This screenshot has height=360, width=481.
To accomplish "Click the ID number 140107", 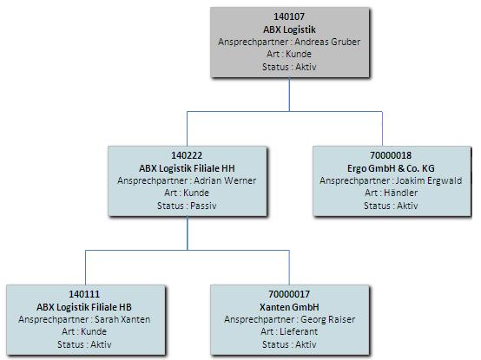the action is coord(289,16).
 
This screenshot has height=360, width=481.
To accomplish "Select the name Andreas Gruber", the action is coord(327,42).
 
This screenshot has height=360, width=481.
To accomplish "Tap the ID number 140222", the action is coord(187,155).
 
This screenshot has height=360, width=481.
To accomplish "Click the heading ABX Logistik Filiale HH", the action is coord(187,168).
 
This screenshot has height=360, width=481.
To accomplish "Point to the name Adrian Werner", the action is coord(225,180).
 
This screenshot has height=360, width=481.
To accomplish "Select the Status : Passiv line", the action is coord(187,206).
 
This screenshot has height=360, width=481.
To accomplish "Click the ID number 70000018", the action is coord(391,155).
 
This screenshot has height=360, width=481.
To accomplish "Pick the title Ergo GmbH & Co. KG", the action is coord(391,168).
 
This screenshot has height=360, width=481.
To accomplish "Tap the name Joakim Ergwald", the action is coord(429,180).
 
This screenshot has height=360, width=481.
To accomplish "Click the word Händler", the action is coord(400,193).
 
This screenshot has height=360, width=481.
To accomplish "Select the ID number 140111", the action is coord(84,294).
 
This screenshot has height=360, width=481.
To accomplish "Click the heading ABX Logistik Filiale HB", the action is coord(84,307).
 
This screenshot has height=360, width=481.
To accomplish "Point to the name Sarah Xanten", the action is coord(122,319).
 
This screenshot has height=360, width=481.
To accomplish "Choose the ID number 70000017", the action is coord(289,294).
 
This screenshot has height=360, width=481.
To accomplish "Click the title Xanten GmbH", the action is coord(289,307).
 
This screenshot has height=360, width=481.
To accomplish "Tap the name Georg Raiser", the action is coord(327,319).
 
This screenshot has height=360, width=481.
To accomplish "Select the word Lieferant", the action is coord(299,331).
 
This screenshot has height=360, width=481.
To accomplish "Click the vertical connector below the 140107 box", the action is coord(289,95).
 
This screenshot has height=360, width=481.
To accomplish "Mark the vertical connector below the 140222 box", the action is coord(188,233).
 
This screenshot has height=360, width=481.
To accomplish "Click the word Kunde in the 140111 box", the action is coord(94,331).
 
